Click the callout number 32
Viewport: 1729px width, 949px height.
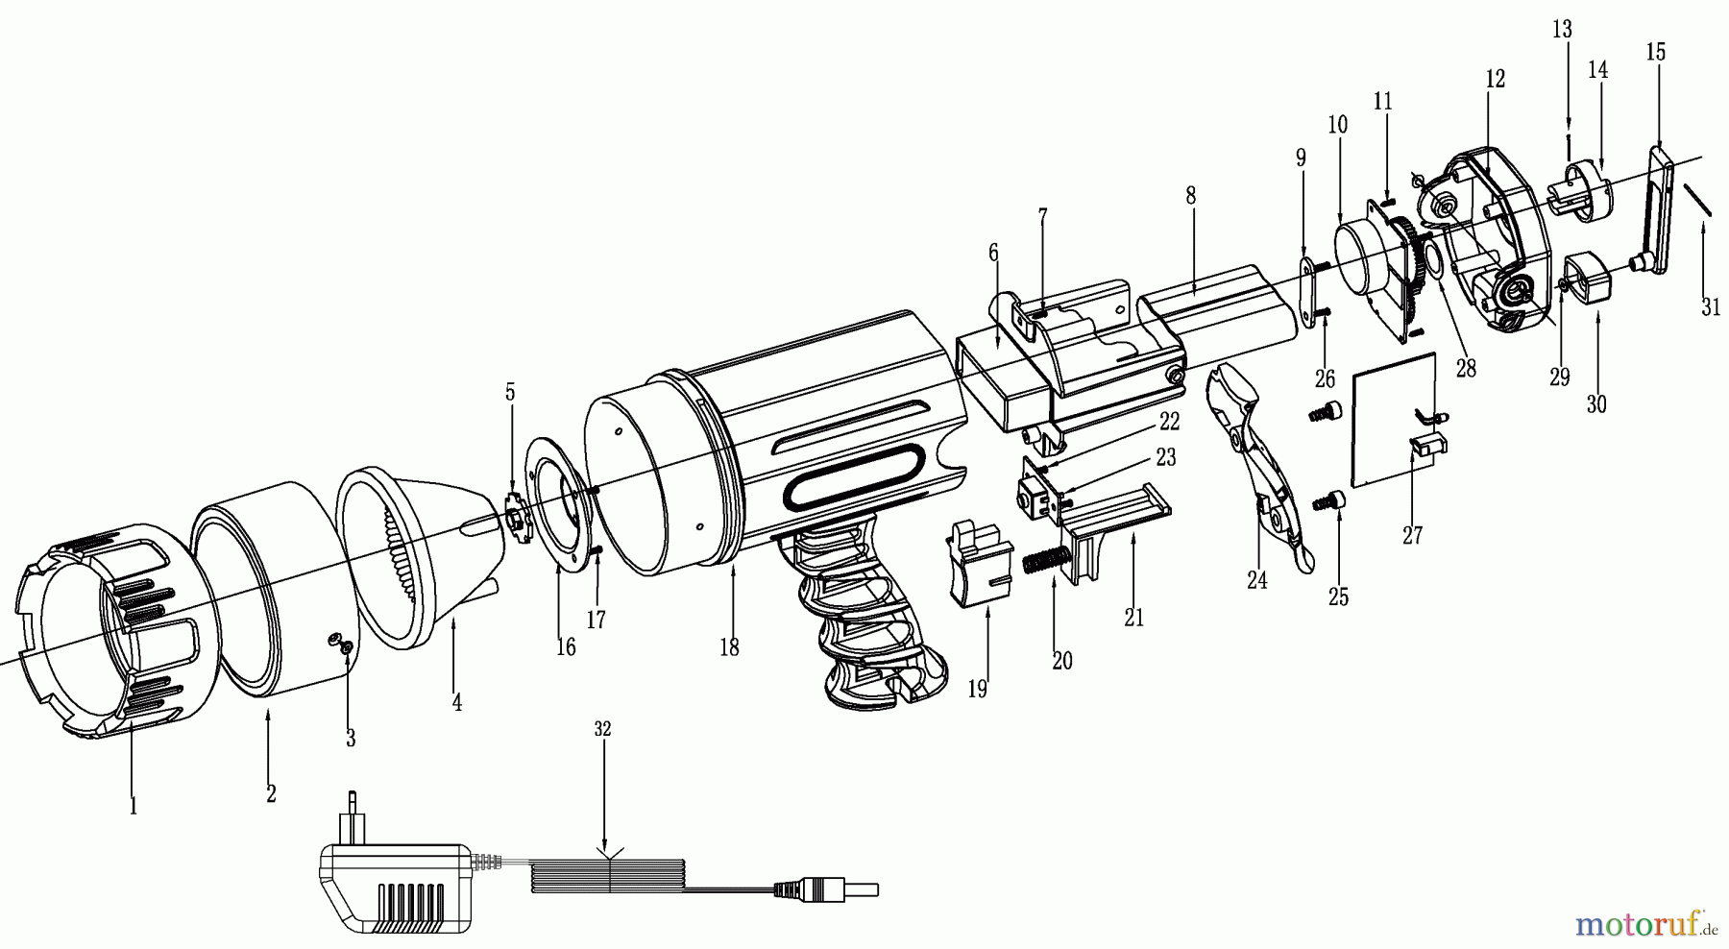click(x=602, y=729)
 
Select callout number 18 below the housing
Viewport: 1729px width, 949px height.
click(x=729, y=647)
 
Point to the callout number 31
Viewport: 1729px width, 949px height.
click(x=1711, y=307)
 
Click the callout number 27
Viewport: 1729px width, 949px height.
click(x=1412, y=534)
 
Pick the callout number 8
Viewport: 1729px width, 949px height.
click(x=1191, y=196)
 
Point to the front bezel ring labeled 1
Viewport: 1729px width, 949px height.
click(x=106, y=634)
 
